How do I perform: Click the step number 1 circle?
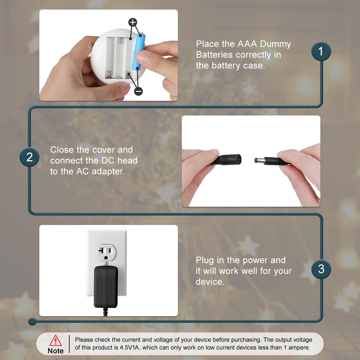[x=321, y=51]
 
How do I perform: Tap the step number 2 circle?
[x=29, y=157]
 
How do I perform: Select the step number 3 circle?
[x=321, y=269]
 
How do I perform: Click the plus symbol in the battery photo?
[x=133, y=22]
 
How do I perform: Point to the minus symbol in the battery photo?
[x=138, y=91]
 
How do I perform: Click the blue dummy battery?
[x=139, y=52]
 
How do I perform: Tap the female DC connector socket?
[x=226, y=159]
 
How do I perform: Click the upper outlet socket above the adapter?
[x=106, y=252]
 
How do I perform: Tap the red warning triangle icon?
[x=55, y=340]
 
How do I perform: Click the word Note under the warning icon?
[x=56, y=351]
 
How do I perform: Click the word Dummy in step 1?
[x=275, y=44]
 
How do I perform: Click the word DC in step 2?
[x=108, y=160]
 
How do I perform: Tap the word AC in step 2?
[x=82, y=171]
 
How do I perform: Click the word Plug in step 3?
[x=205, y=260]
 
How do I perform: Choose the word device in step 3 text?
[x=210, y=281]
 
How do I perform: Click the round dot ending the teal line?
[x=32, y=322]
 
